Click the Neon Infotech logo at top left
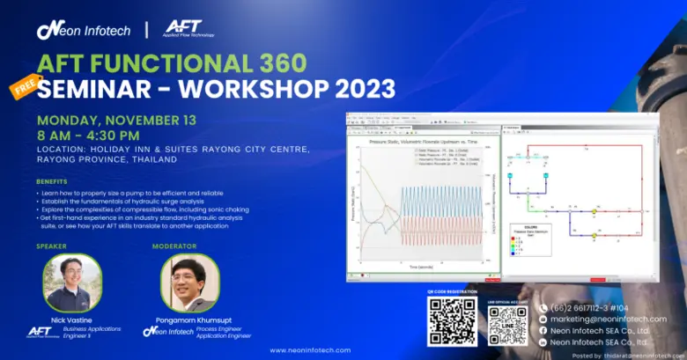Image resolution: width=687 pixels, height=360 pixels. tap(83, 30)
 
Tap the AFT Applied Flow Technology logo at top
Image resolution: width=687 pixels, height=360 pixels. tap(188, 28)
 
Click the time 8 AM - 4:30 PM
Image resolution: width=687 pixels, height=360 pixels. tap(87, 136)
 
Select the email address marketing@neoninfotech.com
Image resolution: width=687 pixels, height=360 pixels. tap(608, 319)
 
